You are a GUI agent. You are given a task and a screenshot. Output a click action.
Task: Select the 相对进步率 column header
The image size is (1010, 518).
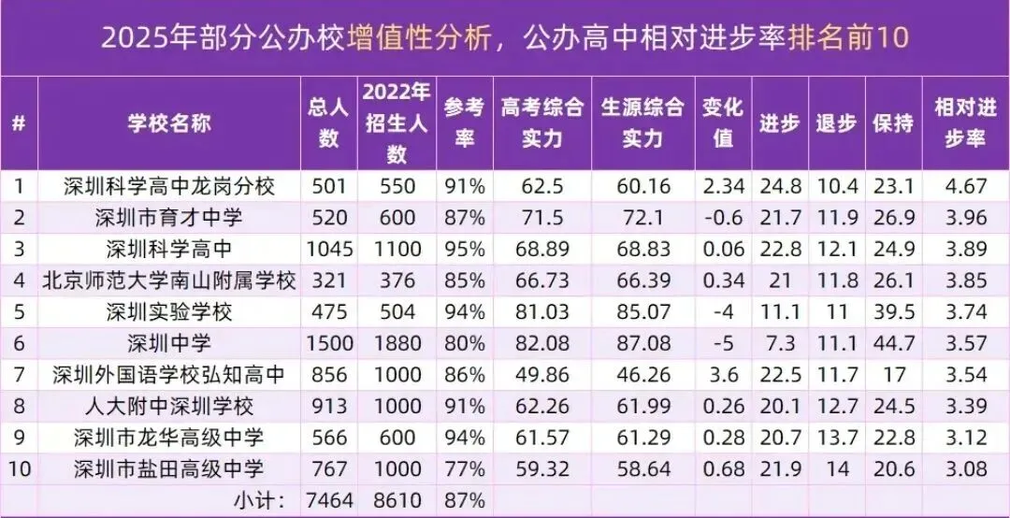coord(965,122)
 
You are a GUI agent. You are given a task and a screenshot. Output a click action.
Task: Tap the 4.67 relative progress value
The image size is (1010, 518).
coord(965,186)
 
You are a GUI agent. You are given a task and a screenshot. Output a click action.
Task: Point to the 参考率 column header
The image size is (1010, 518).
coord(464,122)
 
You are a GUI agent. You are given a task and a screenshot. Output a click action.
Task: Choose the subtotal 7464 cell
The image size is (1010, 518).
coord(328,499)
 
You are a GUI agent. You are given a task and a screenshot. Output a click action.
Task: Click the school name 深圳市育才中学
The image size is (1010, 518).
coord(169,219)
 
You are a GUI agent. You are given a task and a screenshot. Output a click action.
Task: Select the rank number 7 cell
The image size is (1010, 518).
coord(19,375)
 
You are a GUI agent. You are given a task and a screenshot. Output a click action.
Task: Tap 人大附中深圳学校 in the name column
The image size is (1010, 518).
coord(169,406)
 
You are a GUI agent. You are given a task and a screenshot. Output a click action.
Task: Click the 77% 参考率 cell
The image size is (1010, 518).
coord(464,468)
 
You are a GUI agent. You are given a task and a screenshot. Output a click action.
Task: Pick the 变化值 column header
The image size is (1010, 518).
coord(722,122)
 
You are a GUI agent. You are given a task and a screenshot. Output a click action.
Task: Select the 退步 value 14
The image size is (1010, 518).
coord(834,468)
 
